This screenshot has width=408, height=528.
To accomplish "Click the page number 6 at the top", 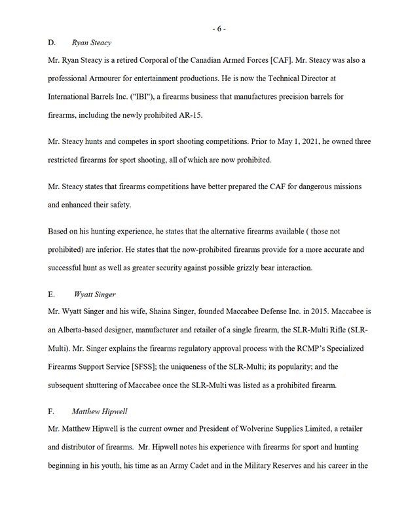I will pyautogui.click(x=219, y=28).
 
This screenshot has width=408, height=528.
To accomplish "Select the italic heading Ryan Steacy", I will pyautogui.click(x=92, y=43).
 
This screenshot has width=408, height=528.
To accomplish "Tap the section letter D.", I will pyautogui.click(x=52, y=43).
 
